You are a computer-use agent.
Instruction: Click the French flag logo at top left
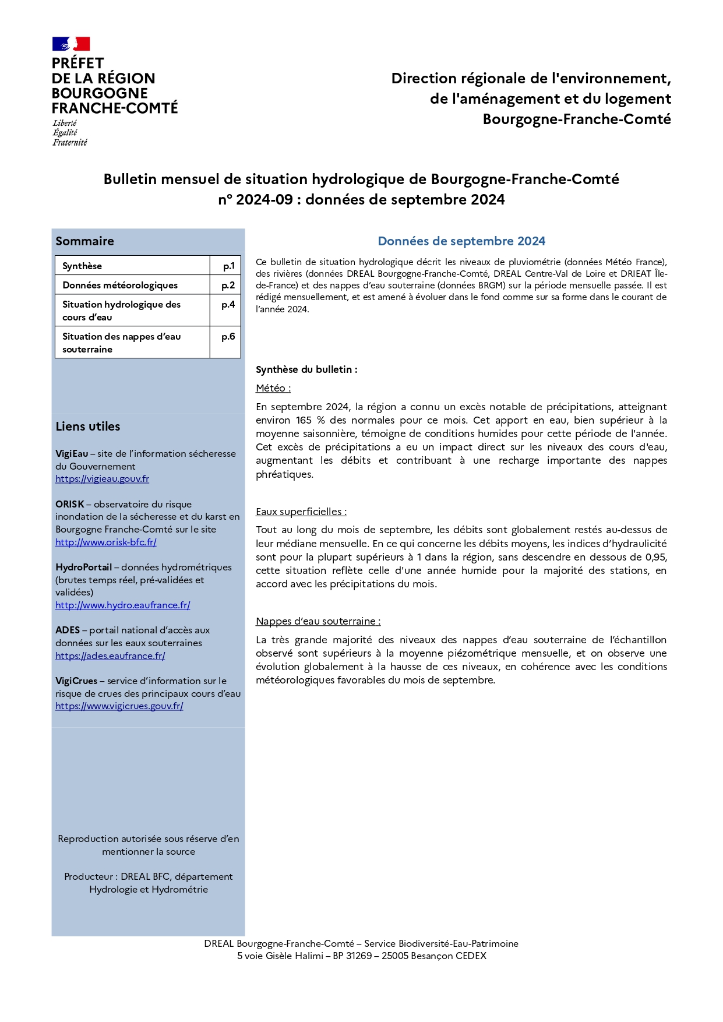pyautogui.click(x=70, y=44)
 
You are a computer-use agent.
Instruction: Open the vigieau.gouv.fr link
pyautogui.click(x=102, y=479)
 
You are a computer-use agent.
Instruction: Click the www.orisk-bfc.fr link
pyautogui.click(x=105, y=542)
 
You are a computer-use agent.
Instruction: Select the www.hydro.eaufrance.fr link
pyautogui.click(x=122, y=605)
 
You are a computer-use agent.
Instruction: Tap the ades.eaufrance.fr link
pyautogui.click(x=110, y=656)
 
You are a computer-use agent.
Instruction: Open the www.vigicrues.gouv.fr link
pyautogui.click(x=119, y=706)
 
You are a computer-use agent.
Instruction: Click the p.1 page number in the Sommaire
pyautogui.click(x=228, y=266)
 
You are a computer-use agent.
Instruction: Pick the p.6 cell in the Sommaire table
pyautogui.click(x=228, y=337)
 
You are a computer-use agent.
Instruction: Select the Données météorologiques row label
pyautogui.click(x=120, y=286)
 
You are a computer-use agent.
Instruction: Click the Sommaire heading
pyautogui.click(x=84, y=241)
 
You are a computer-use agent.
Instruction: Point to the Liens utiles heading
pyautogui.click(x=87, y=427)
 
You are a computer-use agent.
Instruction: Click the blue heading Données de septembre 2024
pyautogui.click(x=461, y=241)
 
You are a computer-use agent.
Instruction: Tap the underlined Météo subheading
pyautogui.click(x=273, y=389)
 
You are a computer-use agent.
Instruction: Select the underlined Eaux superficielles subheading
pyautogui.click(x=301, y=512)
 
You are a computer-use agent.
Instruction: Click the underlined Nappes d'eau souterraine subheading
pyautogui.click(x=318, y=622)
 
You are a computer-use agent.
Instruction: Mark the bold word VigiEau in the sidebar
pyautogui.click(x=72, y=454)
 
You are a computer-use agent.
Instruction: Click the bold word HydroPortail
pyautogui.click(x=83, y=568)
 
